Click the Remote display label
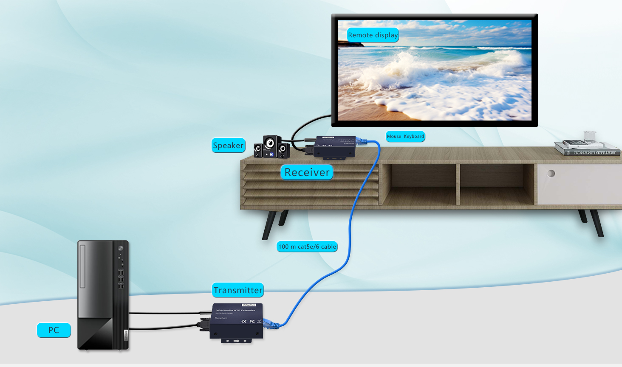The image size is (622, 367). [373, 35]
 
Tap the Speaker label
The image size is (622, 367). [228, 146]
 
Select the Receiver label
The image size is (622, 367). [307, 172]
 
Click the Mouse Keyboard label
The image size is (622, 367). [405, 136]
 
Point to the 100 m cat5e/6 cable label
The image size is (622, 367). [307, 247]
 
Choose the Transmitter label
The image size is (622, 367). [237, 290]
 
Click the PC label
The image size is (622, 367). [54, 330]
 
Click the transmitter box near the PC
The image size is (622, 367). [236, 322]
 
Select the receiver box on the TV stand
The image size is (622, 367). [335, 147]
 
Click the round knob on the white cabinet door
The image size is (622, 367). [551, 173]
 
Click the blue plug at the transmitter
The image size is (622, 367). [271, 324]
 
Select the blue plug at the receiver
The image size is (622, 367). [362, 141]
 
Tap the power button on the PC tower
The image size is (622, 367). [121, 248]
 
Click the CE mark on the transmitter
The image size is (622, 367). [244, 321]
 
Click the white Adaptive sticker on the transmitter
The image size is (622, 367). [249, 305]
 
